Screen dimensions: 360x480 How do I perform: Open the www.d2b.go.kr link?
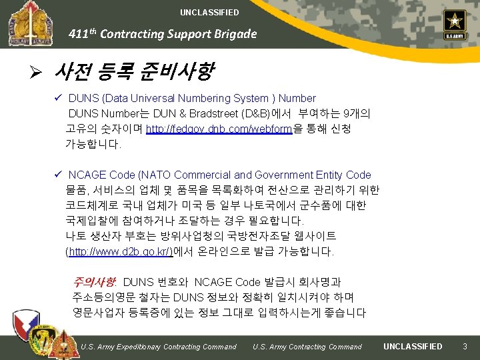(x=120, y=251)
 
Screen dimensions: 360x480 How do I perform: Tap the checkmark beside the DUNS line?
(x=59, y=99)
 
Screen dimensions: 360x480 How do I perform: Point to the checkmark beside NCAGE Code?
(x=59, y=175)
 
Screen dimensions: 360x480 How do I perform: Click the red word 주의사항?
(x=95, y=282)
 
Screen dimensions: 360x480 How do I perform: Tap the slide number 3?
(x=465, y=346)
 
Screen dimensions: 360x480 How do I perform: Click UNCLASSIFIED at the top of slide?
(x=209, y=13)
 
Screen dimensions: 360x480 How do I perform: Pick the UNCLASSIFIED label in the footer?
(x=413, y=346)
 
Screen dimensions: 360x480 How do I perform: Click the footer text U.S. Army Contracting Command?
(x=307, y=347)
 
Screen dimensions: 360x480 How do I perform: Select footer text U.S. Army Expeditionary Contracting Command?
(x=158, y=347)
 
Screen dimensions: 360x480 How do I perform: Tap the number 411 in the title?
(x=79, y=35)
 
